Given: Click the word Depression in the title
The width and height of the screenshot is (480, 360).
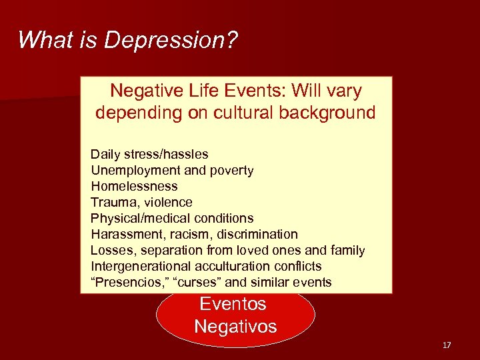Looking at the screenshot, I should (x=171, y=41).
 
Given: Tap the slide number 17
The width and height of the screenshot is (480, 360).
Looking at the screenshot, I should (x=447, y=345).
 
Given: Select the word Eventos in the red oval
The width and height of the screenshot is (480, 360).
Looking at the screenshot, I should (x=233, y=305).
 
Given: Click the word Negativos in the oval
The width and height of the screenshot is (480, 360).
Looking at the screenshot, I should (x=235, y=327).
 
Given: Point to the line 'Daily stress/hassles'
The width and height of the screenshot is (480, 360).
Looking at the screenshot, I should (x=149, y=155).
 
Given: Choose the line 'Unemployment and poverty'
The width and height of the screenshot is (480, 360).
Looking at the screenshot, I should (x=172, y=171).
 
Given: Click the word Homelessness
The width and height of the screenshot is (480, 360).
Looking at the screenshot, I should (x=134, y=187).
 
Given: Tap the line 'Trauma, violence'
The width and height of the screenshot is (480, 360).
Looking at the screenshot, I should (x=141, y=202).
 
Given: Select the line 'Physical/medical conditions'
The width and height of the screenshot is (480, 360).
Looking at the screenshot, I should (x=172, y=218).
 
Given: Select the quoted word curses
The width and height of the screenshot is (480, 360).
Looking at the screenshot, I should (x=196, y=283).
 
